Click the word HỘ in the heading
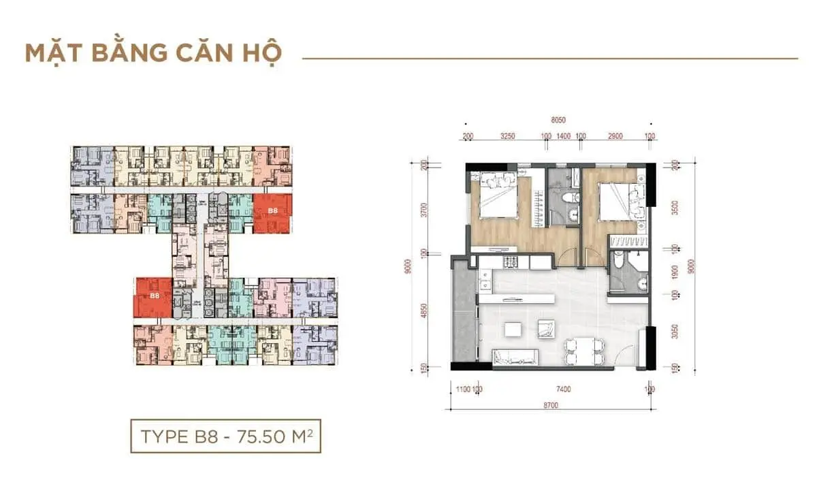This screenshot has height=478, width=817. click(x=261, y=53)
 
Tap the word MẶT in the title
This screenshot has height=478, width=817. click(x=54, y=53)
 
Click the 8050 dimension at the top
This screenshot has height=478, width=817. click(x=558, y=120)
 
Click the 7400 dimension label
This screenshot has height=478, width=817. click(x=563, y=390)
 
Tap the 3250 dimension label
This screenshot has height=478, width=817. click(x=507, y=136)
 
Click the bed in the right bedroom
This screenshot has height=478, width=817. click(x=613, y=198)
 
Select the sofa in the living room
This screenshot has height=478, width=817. click(x=515, y=356)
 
